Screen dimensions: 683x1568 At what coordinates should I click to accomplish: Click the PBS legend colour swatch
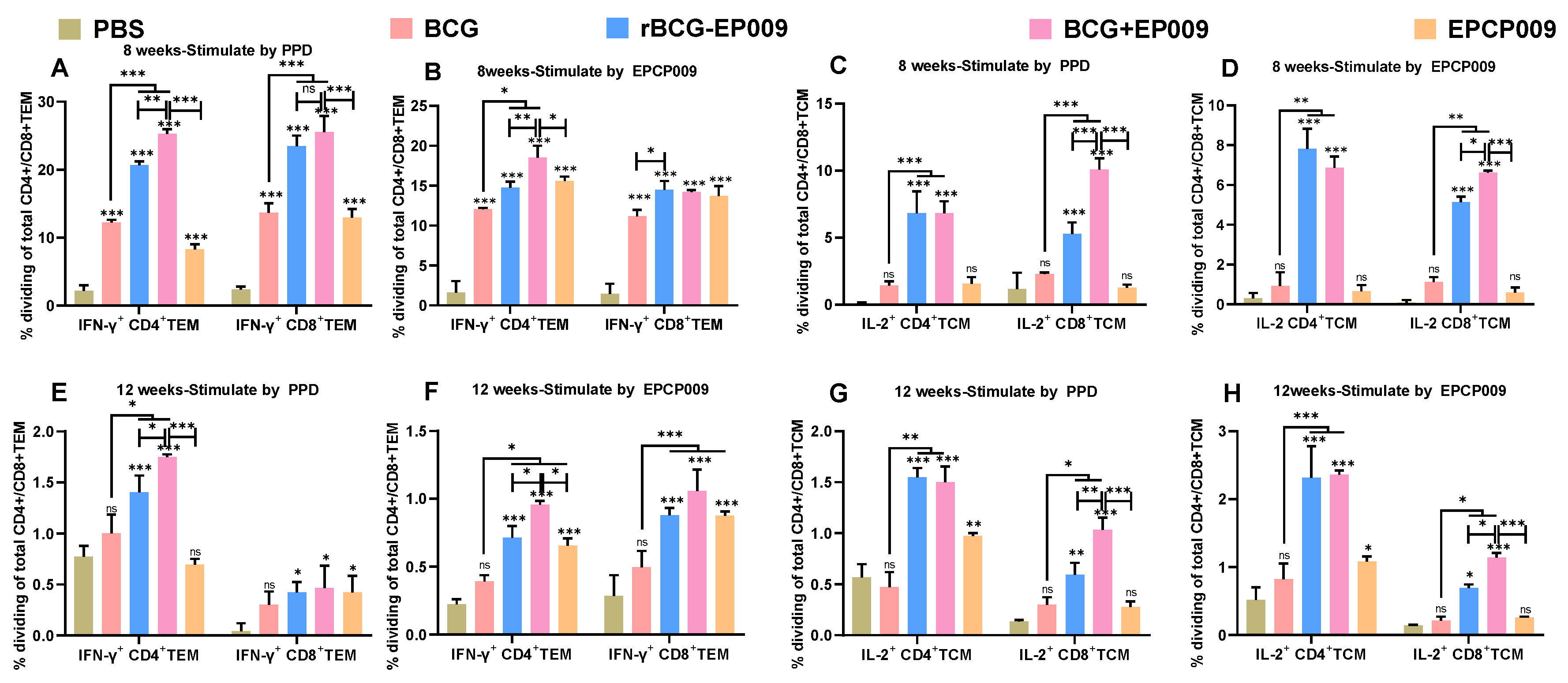(x=69, y=29)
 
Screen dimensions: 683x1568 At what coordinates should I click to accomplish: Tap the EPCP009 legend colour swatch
(x=1424, y=29)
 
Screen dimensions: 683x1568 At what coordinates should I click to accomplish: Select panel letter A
(x=60, y=68)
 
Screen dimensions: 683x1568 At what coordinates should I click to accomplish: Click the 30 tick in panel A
(x=46, y=102)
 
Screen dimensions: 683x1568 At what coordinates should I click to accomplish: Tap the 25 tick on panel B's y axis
(x=419, y=106)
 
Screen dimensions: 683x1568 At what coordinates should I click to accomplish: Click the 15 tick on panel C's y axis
(x=824, y=104)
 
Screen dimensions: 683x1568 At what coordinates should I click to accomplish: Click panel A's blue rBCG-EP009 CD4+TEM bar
(x=139, y=235)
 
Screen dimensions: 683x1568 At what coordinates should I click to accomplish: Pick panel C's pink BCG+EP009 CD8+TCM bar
(x=1099, y=237)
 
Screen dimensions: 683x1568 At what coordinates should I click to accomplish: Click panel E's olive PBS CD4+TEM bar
(x=83, y=595)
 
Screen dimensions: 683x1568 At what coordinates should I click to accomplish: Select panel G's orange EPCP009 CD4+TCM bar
(x=972, y=585)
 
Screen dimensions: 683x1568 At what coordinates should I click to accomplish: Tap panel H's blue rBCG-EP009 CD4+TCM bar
(x=1311, y=556)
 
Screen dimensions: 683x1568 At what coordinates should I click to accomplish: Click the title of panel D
(x=1383, y=66)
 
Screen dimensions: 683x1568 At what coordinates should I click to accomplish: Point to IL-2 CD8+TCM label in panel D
(x=1459, y=323)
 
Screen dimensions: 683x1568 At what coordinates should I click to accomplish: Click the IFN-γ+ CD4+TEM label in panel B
(x=509, y=325)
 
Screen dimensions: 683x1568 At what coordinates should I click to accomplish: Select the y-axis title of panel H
(x=1198, y=542)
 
